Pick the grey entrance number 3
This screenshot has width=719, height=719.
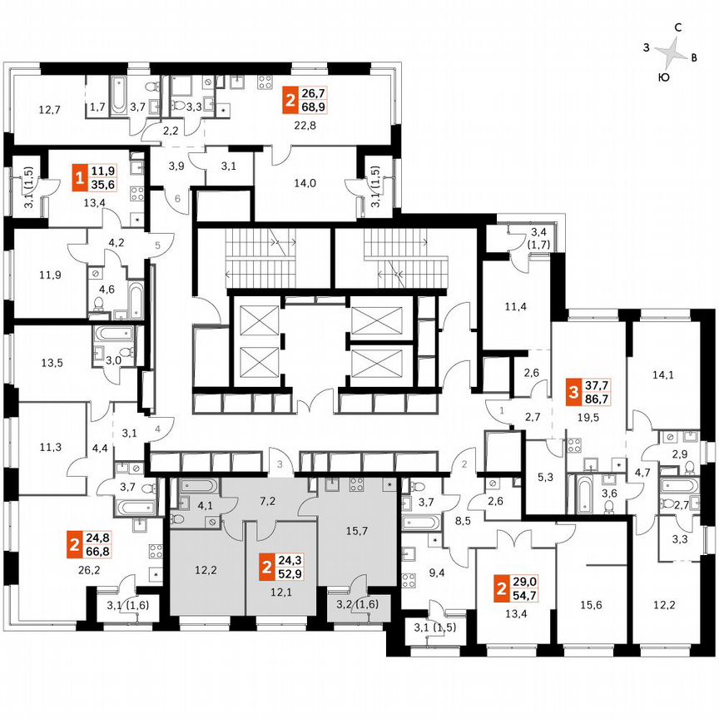pyautogui.click(x=280, y=463)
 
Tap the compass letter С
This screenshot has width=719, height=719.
pyautogui.click(x=678, y=28)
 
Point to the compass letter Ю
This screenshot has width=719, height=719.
pyautogui.click(x=662, y=77)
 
